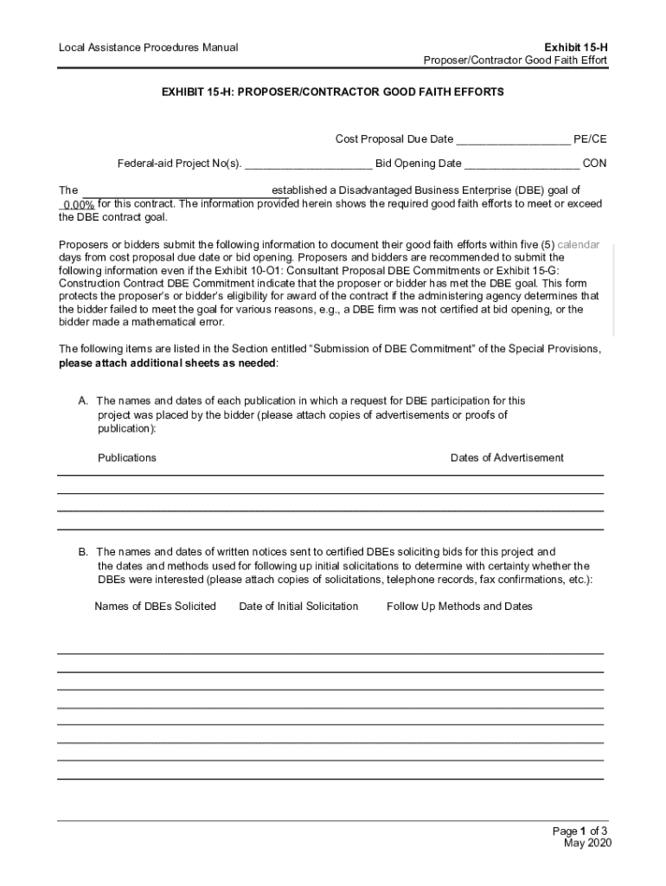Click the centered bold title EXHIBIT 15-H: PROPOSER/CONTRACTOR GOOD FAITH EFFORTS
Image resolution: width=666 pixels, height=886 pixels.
tap(333, 91)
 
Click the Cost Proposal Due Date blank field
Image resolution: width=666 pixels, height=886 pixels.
tap(513, 140)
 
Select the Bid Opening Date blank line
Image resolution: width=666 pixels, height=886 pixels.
tap(522, 164)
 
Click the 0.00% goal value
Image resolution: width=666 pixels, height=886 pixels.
tap(78, 205)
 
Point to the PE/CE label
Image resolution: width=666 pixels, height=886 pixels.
tap(590, 139)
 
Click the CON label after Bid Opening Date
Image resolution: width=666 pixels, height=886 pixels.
tap(594, 163)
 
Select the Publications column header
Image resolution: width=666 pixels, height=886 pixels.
tap(127, 458)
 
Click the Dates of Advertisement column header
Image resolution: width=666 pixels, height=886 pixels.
tap(507, 458)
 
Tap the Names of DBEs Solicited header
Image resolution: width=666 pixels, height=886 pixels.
tap(155, 607)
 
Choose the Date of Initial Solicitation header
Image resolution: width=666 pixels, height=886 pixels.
tap(298, 607)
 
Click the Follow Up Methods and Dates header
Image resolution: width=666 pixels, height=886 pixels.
tap(459, 607)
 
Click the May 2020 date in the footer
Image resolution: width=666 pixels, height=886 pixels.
tap(587, 844)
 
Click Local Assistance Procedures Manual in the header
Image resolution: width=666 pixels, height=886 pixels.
tap(148, 47)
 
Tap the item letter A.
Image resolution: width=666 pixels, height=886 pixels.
tap(83, 401)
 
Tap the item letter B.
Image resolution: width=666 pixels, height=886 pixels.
tap(83, 552)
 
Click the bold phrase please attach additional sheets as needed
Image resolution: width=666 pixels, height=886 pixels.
tap(168, 363)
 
